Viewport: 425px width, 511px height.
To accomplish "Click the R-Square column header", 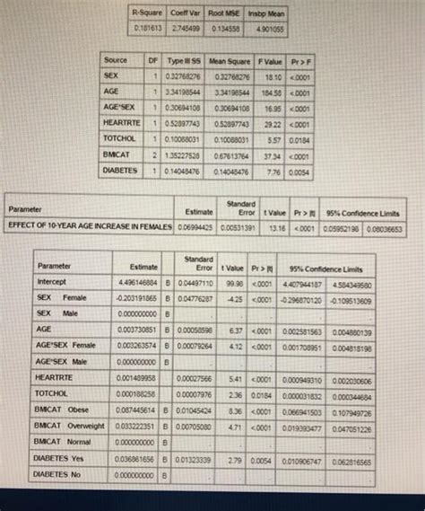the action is coord(145,13).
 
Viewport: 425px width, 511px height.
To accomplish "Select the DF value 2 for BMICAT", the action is coord(152,154).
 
